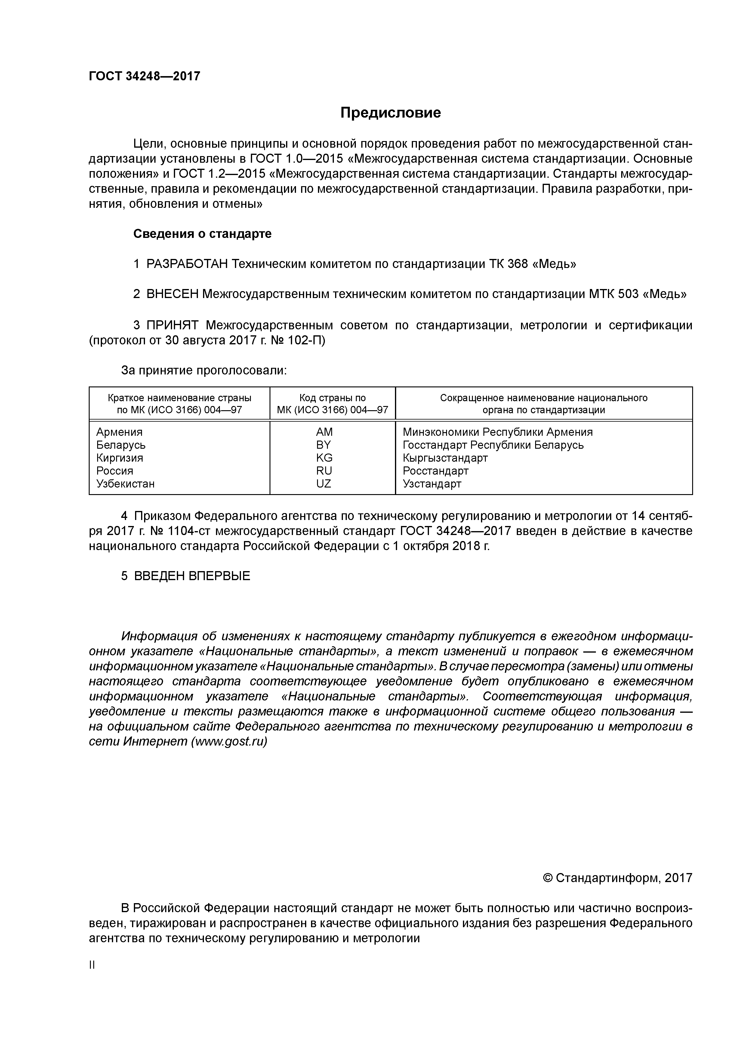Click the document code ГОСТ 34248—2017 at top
(144, 76)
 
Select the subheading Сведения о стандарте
(202, 234)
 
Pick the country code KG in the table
(324, 458)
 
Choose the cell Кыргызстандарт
(445, 458)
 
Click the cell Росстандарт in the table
(435, 471)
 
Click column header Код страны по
(332, 398)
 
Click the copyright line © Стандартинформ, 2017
(617, 878)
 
